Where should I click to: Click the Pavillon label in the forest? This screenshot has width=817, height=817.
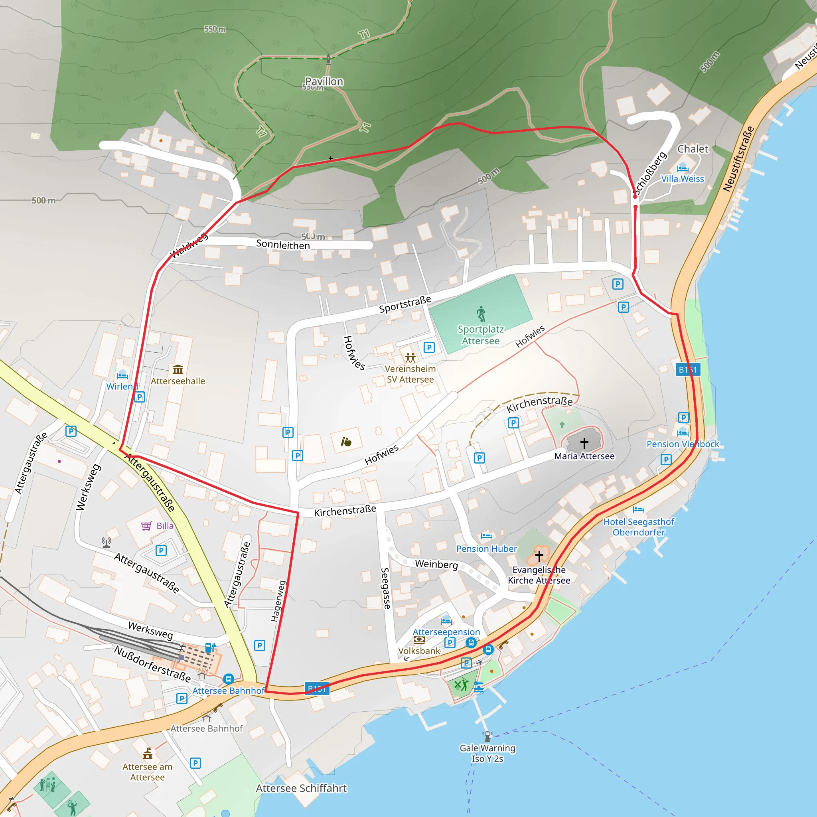pos(324,81)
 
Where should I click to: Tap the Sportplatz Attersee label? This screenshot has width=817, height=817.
pos(480,335)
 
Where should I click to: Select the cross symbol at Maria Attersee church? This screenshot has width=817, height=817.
pos(584,443)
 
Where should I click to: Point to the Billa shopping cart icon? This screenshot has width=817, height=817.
pos(146,526)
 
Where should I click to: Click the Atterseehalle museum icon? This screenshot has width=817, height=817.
pos(178,369)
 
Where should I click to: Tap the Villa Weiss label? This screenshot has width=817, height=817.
pos(683,179)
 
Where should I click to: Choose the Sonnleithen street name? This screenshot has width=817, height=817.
pos(283,245)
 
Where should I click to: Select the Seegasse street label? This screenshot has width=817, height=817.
pos(385,588)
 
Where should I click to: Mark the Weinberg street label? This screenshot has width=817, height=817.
pos(436,564)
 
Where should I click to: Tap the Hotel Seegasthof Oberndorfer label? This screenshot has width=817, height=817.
pos(639,527)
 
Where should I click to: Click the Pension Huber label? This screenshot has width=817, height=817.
pos(486,549)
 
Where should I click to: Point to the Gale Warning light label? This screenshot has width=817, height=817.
pos(487,753)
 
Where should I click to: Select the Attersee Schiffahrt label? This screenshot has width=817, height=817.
pos(301,788)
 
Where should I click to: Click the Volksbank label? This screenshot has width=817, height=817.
pos(419,651)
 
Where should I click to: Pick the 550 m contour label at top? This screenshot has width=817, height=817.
pos(215,29)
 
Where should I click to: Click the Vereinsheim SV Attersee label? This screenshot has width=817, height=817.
pos(410,374)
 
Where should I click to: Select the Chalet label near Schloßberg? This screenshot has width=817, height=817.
pos(693,149)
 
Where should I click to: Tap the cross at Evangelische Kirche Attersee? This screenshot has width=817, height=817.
pos(539,556)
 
